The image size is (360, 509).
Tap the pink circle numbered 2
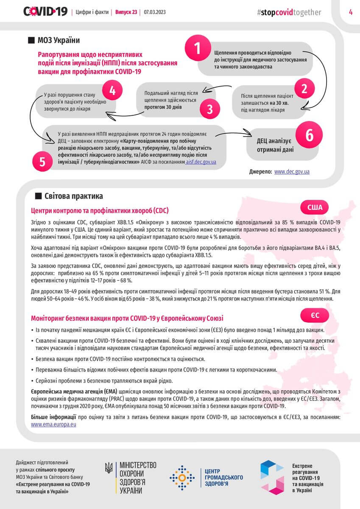tap(304, 89)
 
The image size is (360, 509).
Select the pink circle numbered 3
tap(210, 109)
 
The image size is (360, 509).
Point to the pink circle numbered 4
tap(113, 90)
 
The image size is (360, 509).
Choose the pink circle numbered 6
tap(310, 135)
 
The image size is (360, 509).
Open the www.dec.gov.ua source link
tap(292, 172)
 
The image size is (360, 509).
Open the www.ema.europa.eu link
tap(54, 424)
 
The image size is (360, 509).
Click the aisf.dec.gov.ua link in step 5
tap(201, 162)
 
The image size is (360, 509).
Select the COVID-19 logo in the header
tap(45, 12)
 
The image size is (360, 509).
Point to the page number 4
tap(351, 12)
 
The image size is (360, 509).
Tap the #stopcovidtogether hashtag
tap(289, 12)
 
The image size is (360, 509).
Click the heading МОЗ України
tap(59, 40)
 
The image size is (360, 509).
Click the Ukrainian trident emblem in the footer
tap(109, 468)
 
